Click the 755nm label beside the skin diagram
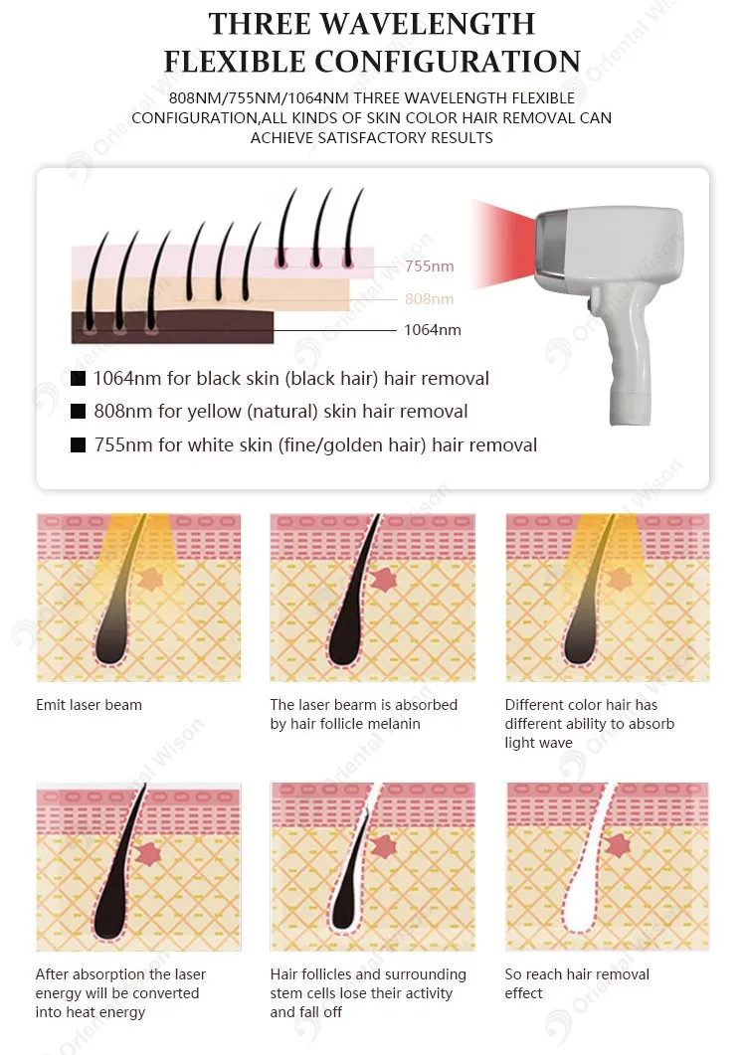tap(429, 266)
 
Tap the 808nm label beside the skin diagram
tap(429, 298)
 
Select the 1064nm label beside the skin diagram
tap(433, 330)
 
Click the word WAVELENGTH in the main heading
tap(428, 24)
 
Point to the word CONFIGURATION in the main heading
tap(448, 62)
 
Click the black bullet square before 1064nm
tap(79, 378)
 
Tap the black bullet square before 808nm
tap(79, 411)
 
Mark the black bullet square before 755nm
tap(79, 444)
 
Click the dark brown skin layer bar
tap(172, 327)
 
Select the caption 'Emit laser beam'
tap(89, 705)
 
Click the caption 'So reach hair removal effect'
tap(577, 983)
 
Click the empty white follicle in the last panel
tap(587, 888)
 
